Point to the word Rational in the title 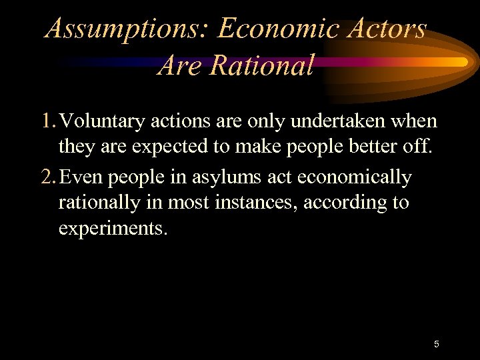tap(261, 65)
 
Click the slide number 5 tap(436, 344)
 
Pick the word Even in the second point tap(82, 177)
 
